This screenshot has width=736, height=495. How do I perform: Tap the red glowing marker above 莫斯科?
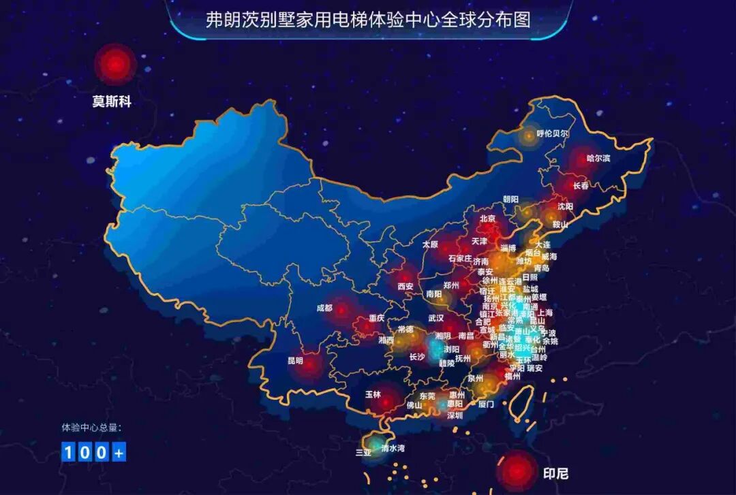[116, 65]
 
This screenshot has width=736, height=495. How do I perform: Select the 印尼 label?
[555, 473]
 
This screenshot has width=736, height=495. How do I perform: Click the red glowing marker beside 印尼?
[517, 470]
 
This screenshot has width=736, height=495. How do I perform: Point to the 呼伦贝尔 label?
[552, 134]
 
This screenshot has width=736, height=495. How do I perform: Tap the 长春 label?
[581, 185]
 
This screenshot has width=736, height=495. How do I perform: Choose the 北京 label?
[487, 219]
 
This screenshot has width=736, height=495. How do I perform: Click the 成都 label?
[324, 308]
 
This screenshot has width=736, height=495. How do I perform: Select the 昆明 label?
[295, 360]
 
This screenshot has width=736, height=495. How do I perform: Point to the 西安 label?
[405, 286]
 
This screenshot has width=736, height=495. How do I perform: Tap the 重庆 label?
[377, 318]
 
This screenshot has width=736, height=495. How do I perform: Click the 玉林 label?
[373, 394]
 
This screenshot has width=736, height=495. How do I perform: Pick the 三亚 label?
[363, 451]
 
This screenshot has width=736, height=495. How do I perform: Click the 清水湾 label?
[393, 447]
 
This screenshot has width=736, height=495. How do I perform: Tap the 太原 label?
[430, 244]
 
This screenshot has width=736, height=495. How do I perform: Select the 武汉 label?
[435, 318]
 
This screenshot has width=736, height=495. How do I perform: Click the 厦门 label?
[486, 404]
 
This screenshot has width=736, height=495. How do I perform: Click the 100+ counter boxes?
[94, 451]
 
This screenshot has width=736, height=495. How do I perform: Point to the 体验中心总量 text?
[91, 428]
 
